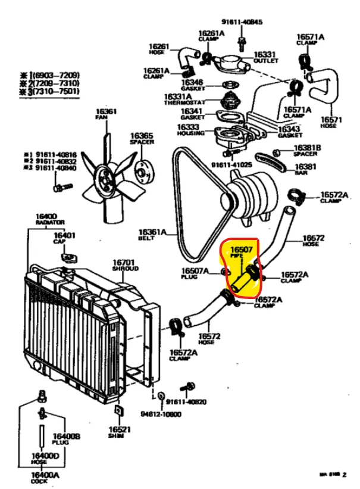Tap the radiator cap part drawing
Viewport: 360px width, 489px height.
tap(70, 257)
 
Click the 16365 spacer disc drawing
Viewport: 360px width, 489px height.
tap(141, 169)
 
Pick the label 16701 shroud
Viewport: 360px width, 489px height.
tap(124, 262)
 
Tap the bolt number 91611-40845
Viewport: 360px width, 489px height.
tap(242, 22)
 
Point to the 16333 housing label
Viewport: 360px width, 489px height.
tap(189, 126)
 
